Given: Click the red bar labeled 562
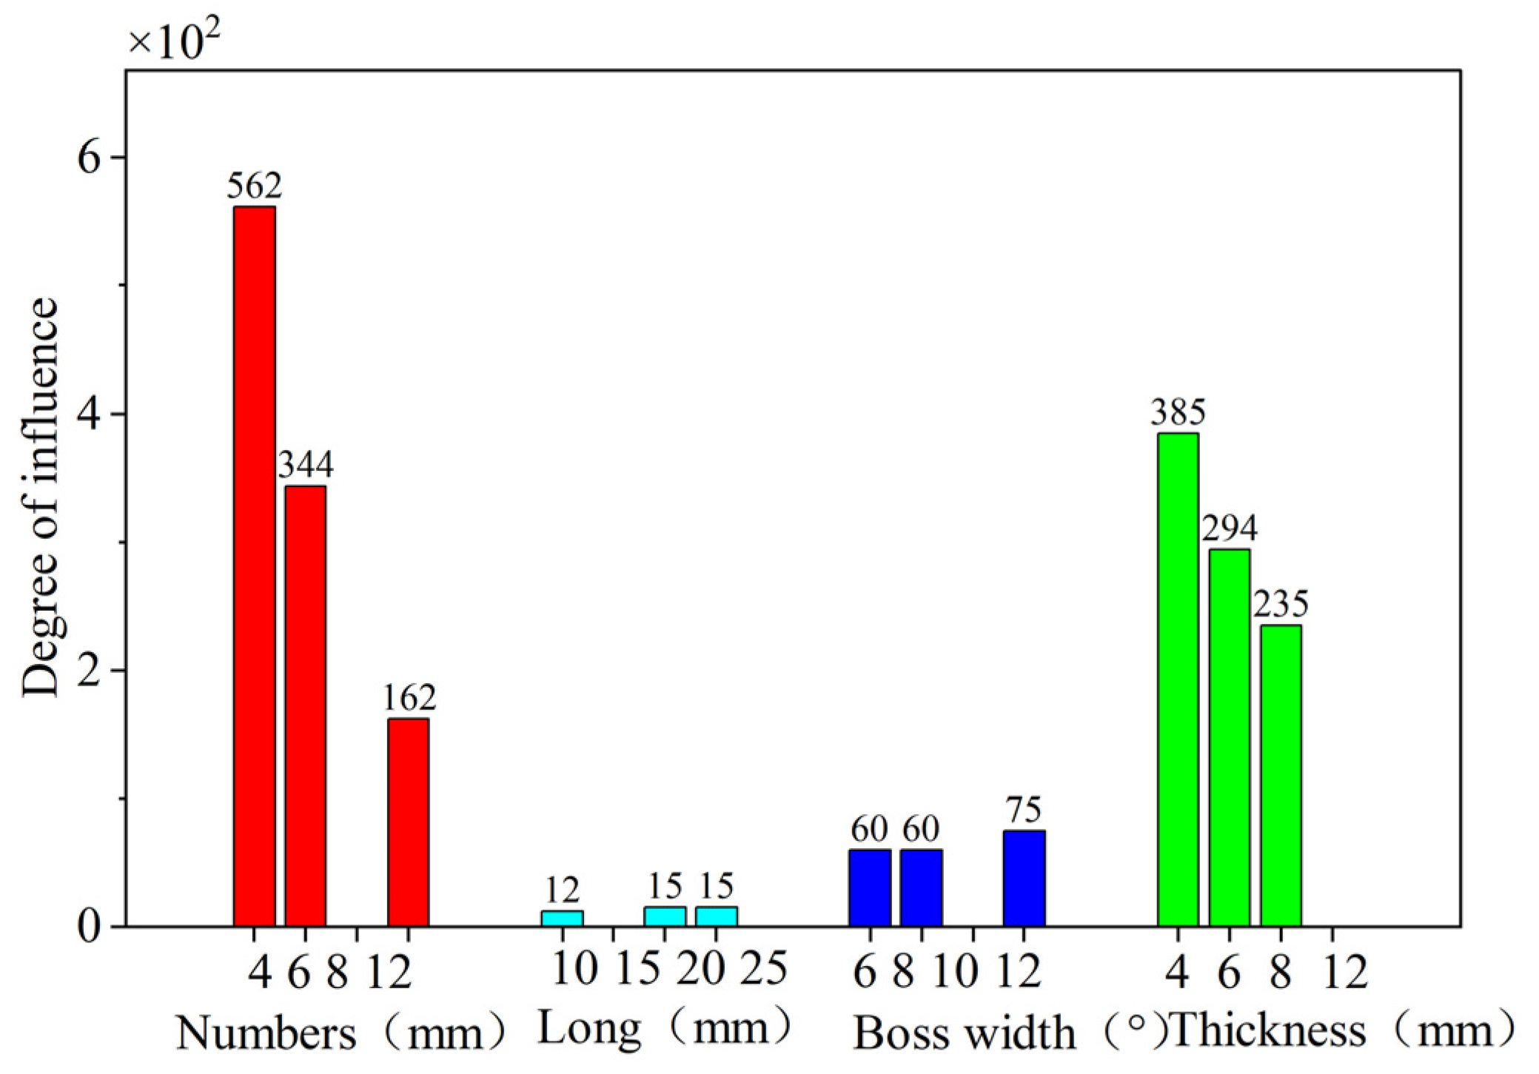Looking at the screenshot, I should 254,566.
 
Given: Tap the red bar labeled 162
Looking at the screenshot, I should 408,822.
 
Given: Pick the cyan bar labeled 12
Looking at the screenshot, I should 562,918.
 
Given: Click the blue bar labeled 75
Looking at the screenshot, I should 1024,878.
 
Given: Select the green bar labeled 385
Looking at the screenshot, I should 1178,679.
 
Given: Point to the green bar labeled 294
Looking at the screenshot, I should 1229,737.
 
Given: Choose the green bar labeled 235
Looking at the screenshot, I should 1281,775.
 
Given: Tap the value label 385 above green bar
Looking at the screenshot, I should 1178,412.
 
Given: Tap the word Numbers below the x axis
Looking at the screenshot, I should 266,1032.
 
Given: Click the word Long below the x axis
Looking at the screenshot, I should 589,1029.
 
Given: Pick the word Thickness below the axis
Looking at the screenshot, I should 1269,1030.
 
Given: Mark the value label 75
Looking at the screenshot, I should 1024,810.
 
